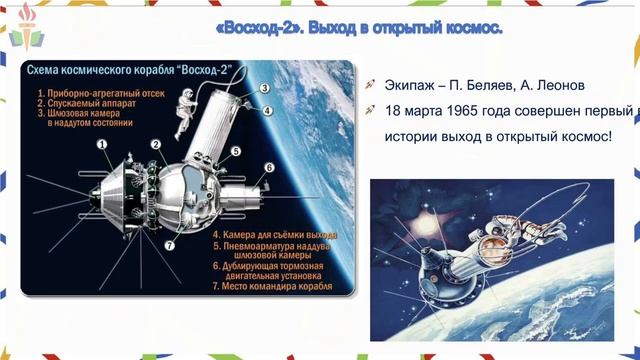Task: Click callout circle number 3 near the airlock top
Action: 264,88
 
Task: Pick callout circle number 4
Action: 266,110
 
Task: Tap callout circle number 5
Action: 236,151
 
